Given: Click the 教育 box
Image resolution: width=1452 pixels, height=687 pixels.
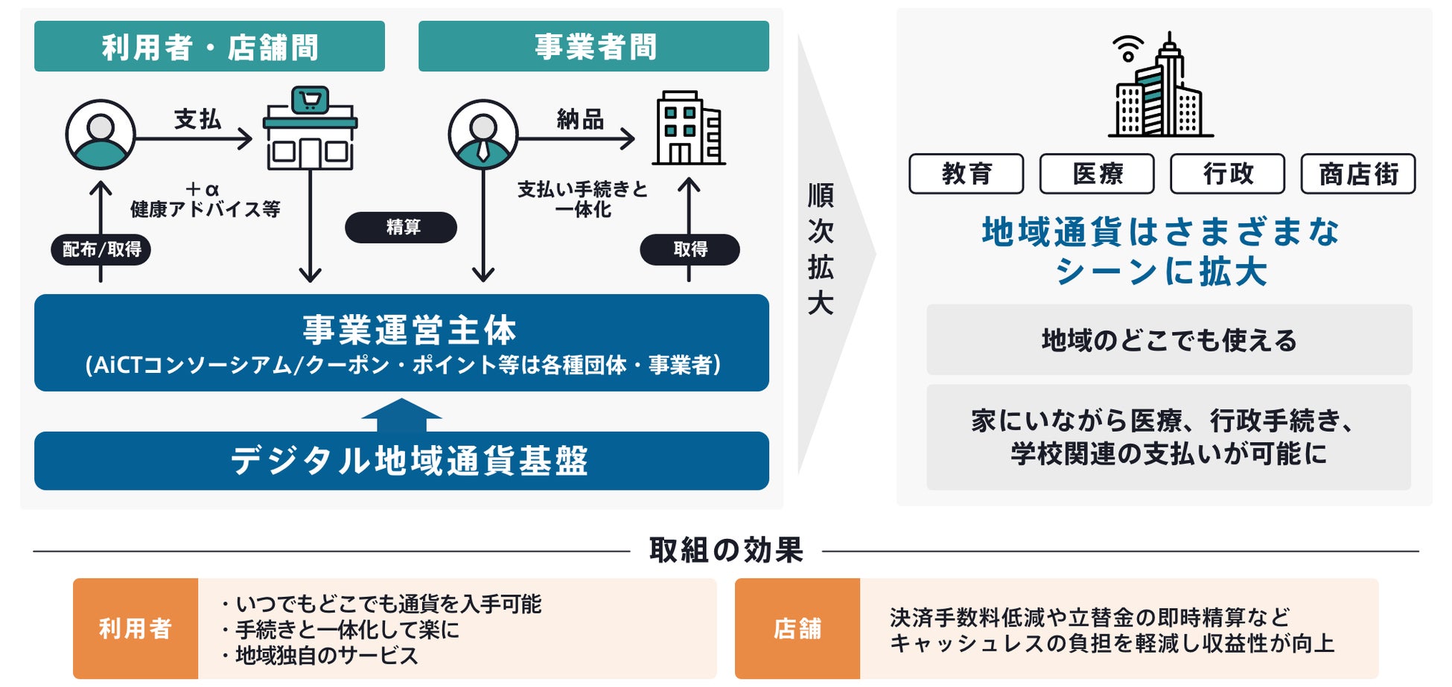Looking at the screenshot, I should click(966, 174).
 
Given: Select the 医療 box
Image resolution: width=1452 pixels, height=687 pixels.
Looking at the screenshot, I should click(1097, 174).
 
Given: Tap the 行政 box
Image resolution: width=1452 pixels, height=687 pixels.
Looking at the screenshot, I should click(1227, 174).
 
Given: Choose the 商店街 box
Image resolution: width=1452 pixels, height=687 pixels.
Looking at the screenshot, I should click(1357, 174).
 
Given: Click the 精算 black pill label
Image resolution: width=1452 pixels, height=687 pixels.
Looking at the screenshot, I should click(401, 227).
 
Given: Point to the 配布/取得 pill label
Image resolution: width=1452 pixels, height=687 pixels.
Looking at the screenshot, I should click(101, 249).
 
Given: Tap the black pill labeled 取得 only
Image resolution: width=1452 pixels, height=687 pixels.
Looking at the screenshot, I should click(690, 249).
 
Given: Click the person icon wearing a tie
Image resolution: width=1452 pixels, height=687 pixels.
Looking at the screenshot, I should click(483, 135).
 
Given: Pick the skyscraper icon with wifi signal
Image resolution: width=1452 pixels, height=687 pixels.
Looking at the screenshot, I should click(1159, 86).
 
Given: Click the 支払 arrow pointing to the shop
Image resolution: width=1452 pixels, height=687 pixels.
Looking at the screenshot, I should click(195, 138).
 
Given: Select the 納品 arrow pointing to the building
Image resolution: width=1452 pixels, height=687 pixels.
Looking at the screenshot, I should click(576, 138).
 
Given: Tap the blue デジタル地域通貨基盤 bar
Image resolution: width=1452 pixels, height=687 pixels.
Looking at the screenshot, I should click(401, 461).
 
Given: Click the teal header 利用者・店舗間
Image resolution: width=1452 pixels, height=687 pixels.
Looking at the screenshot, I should click(209, 46).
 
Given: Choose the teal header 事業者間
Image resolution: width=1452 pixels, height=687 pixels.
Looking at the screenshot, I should click(593, 46).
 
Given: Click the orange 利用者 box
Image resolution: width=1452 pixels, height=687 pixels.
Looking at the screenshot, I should click(136, 628).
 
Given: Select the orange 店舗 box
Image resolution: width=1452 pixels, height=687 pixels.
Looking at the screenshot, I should click(797, 628).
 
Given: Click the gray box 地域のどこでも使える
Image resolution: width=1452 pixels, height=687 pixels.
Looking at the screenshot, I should click(1168, 340).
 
